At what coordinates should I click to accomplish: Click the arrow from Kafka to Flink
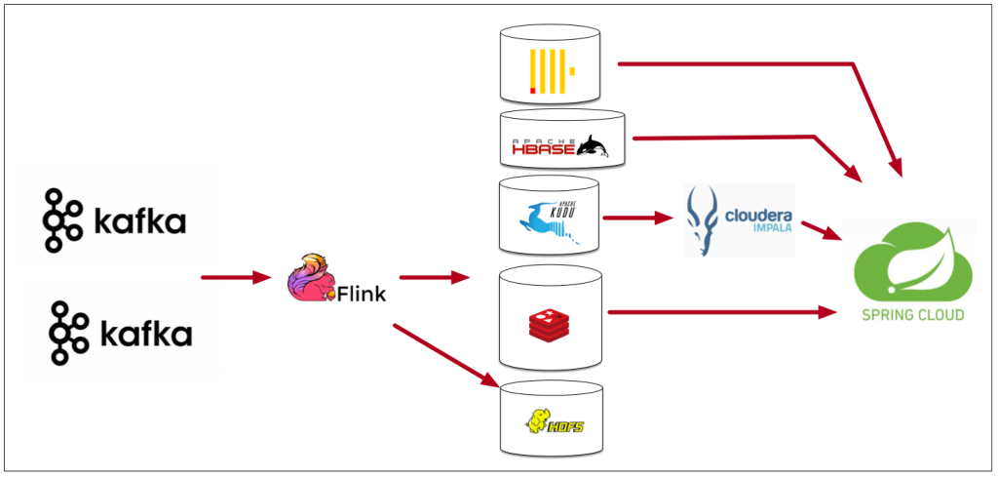(x=235, y=278)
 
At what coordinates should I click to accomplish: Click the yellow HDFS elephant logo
(x=548, y=421)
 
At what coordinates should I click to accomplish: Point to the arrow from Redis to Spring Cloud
(x=721, y=312)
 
